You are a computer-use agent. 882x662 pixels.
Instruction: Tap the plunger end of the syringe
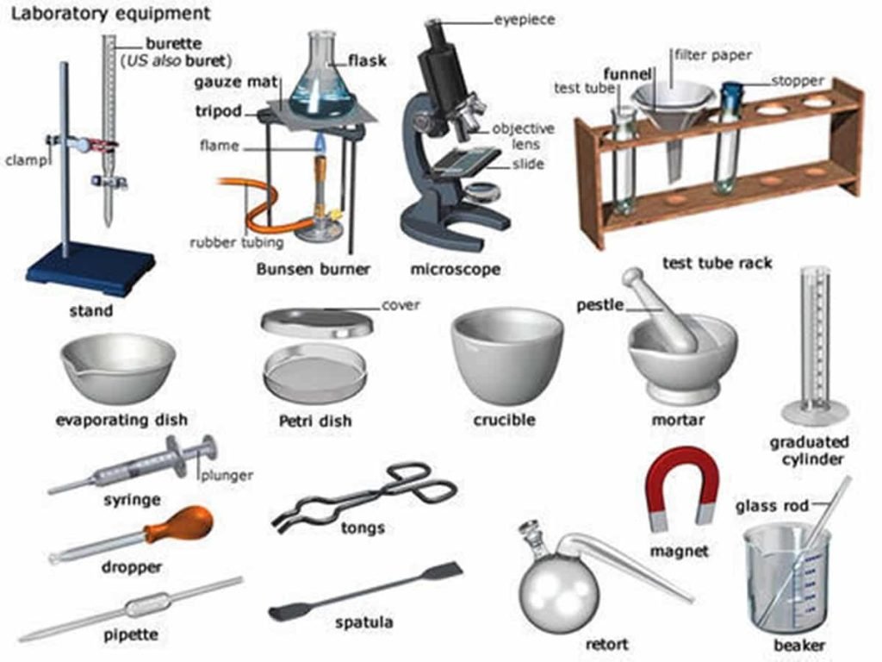click(x=208, y=449)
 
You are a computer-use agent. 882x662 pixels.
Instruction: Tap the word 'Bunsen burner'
click(x=313, y=269)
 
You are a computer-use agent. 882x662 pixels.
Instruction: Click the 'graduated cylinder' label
click(x=809, y=450)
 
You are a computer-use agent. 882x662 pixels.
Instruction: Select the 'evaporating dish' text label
click(x=121, y=421)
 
